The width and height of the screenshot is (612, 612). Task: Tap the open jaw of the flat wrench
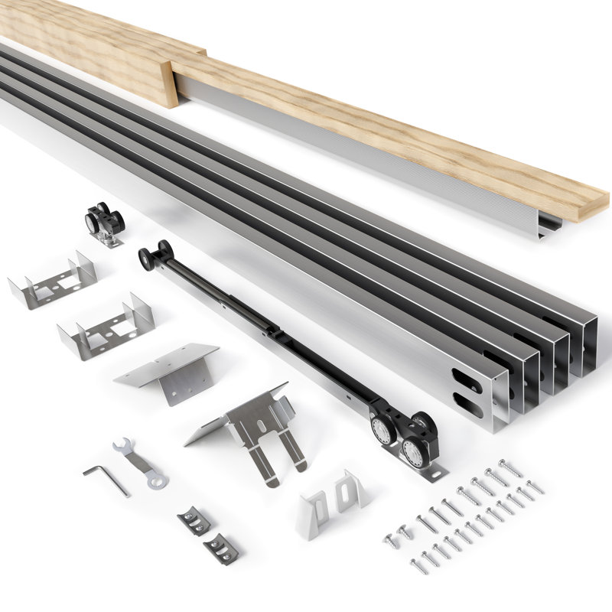[x=122, y=445]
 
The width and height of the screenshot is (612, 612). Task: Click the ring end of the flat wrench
[x=158, y=481]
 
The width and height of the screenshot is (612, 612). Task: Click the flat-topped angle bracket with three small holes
[x=168, y=370]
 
